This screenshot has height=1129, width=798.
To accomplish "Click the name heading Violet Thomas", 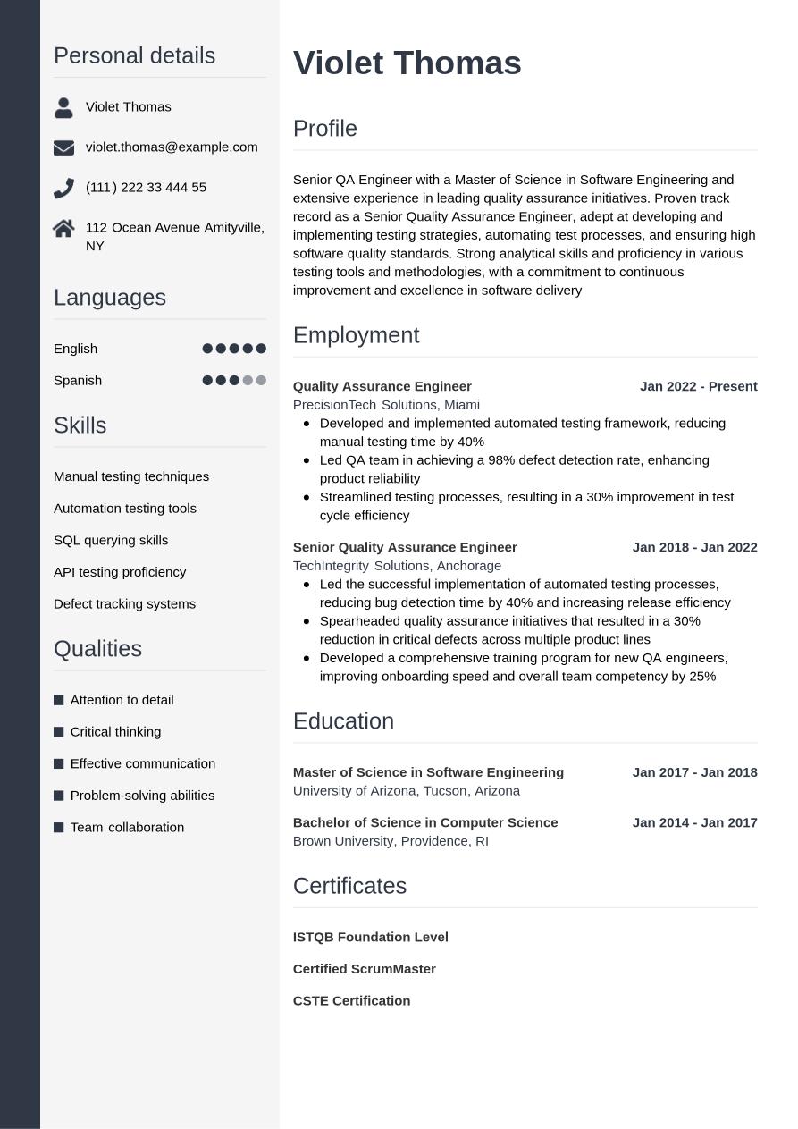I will [407, 63].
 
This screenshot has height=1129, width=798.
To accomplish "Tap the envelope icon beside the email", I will [63, 147].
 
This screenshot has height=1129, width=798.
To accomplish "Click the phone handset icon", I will [63, 188].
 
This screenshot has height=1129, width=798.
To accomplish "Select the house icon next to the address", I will [63, 229].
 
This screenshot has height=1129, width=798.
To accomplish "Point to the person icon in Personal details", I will [63, 107].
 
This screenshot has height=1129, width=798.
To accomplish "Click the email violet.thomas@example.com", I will [172, 147].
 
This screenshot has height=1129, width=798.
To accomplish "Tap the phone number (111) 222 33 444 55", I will [146, 187].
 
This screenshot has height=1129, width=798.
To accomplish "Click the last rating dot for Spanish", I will [261, 381].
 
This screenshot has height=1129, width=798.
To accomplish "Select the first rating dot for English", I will [207, 349].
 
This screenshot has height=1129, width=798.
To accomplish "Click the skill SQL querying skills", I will [111, 540].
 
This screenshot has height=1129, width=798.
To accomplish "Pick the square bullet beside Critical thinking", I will [59, 732].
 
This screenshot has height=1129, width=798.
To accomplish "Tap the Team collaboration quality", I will [127, 827].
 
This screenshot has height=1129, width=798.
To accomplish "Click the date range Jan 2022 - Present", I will [698, 386].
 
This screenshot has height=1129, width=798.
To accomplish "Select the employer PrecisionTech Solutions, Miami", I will [386, 405].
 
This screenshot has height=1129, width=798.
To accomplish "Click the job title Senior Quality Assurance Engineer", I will [405, 547].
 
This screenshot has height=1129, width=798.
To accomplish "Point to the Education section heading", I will [343, 721].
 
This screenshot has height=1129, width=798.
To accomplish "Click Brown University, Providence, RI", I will [391, 841].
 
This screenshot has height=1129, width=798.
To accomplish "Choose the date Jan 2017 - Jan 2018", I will [694, 772].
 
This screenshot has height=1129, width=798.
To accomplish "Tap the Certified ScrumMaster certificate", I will [364, 969].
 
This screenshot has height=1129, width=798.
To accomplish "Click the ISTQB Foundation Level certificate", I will [370, 937].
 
